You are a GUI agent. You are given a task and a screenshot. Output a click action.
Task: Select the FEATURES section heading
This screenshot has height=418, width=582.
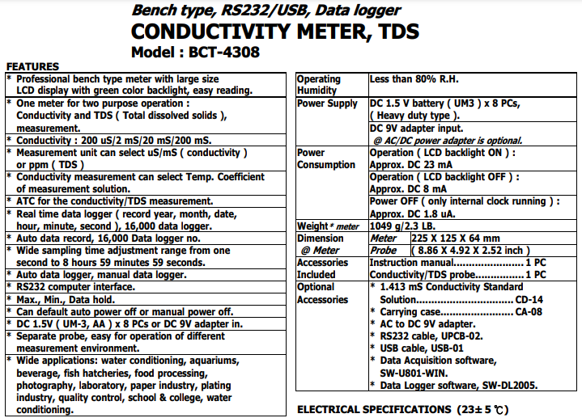coord(32,66)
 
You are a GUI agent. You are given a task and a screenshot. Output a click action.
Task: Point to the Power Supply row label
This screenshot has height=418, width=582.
coord(327,103)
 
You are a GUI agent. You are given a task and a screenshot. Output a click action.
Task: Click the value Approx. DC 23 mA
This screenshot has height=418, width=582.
coord(414,164)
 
